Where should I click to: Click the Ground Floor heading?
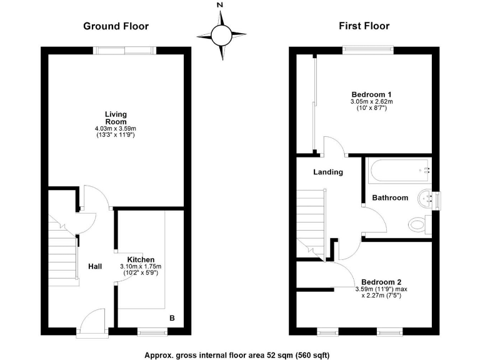coord(116,26)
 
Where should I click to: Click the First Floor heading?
coord(364,26)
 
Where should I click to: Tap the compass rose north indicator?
coord(220,6)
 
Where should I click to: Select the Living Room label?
coord(116,117)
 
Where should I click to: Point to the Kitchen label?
coord(141,259)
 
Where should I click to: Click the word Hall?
coord(95,267)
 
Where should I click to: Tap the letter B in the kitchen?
coord(172,318)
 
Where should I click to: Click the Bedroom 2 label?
coord(381,281)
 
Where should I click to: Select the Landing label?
coord(328,172)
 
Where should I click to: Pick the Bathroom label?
coord(390,197)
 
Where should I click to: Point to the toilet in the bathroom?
coord(417,224)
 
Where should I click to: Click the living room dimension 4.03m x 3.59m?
coord(116,129)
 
